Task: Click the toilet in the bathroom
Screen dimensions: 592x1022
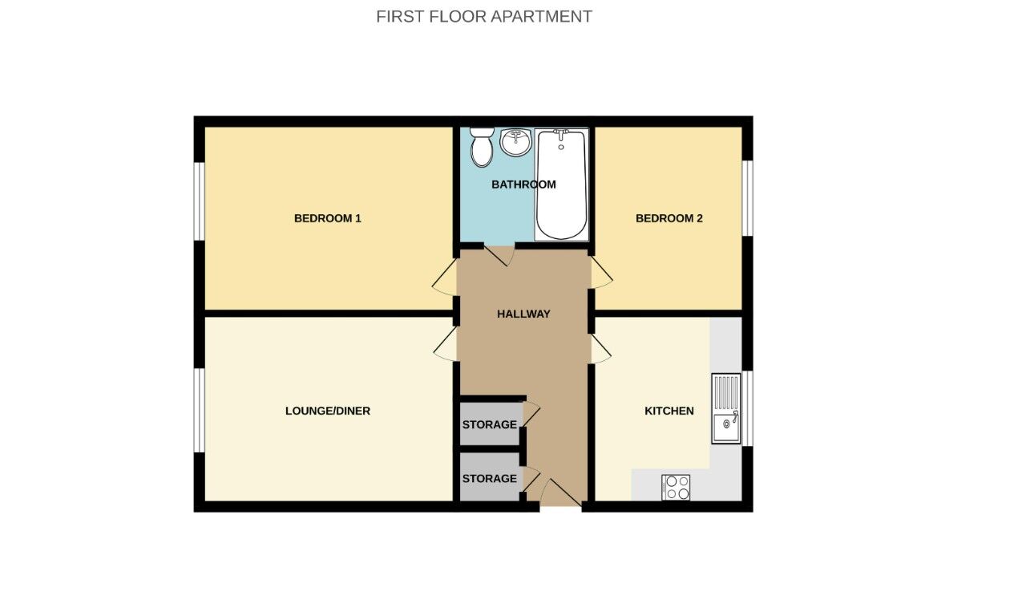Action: (482, 147)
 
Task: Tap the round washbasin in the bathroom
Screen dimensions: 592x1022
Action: (515, 143)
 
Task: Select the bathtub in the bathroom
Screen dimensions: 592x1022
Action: (561, 184)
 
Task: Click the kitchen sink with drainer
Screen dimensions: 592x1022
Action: (726, 408)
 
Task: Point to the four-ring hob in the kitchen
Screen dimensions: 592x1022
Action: (676, 487)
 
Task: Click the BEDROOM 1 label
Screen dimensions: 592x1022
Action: (327, 218)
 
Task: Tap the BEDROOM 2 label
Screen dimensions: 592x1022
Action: (669, 218)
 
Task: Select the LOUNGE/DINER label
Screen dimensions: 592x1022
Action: (327, 411)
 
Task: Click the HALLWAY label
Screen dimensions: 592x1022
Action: (523, 314)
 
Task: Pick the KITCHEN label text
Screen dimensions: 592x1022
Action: (669, 411)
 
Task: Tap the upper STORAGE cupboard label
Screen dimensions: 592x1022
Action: (489, 424)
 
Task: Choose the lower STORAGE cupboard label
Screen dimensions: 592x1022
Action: (489, 478)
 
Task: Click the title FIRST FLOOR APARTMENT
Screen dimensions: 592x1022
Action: (484, 16)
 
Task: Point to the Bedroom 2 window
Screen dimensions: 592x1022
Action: (747, 198)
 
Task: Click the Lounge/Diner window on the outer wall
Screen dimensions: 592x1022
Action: (199, 409)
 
